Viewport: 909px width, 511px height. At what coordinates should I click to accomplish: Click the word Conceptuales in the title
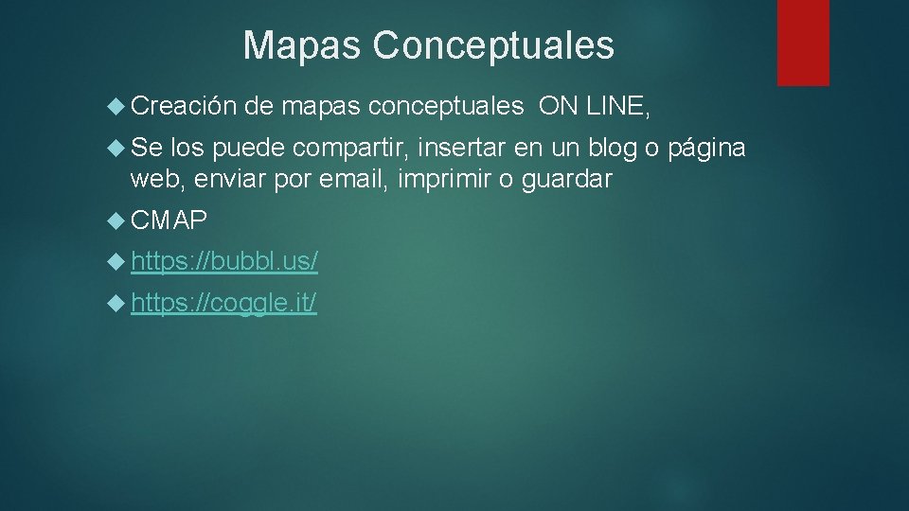[493, 45]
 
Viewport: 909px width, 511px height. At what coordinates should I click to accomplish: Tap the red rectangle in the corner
[803, 43]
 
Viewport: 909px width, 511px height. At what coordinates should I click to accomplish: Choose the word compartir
[348, 149]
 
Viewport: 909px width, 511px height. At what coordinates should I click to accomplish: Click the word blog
[614, 149]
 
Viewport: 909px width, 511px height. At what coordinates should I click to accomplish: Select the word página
[706, 150]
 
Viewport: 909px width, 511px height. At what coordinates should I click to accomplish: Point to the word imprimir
[443, 179]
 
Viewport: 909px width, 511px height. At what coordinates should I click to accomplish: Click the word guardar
[565, 180]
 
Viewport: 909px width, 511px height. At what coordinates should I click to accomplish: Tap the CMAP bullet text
[169, 220]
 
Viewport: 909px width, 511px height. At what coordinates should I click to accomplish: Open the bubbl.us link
[224, 261]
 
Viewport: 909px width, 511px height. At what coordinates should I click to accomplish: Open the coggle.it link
[224, 304]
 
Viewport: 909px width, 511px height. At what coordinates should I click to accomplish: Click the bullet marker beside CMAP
[116, 220]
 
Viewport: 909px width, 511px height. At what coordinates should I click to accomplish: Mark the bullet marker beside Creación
[116, 107]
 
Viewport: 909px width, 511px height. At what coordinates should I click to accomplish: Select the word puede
[250, 150]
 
